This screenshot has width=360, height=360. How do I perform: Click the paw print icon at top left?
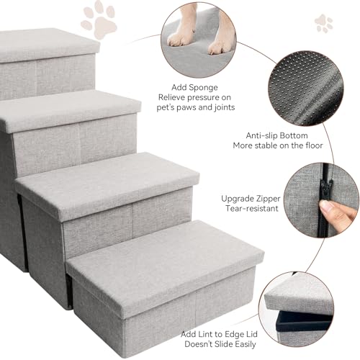[99, 19]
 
